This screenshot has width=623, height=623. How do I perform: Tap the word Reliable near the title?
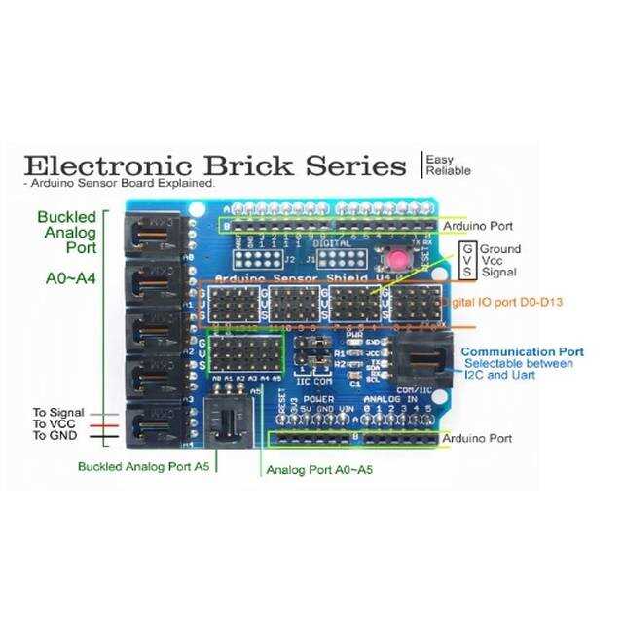coord(448,171)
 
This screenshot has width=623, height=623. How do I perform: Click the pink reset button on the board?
coord(398,261)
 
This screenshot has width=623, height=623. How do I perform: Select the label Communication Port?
coord(522,351)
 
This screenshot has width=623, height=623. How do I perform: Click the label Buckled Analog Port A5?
coord(145,466)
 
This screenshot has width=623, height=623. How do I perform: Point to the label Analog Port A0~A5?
coord(319,470)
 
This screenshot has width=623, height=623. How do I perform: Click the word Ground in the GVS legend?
coord(499,249)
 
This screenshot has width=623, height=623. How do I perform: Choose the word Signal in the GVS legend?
coord(498,274)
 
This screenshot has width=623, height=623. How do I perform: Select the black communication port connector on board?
coord(425,363)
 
